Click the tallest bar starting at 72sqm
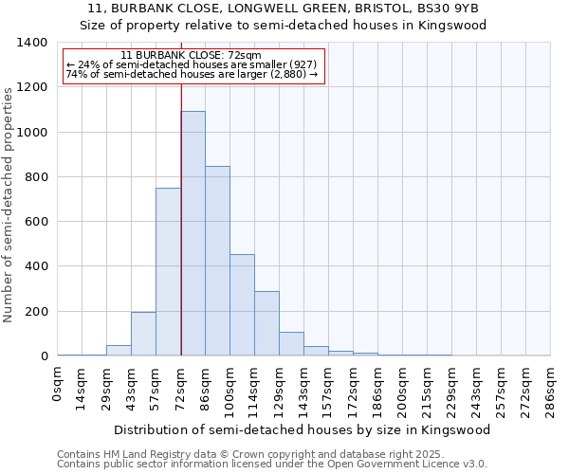[x=193, y=233]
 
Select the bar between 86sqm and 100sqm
[x=217, y=261]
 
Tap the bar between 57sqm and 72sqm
[x=168, y=272]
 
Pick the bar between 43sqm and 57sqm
[x=143, y=334]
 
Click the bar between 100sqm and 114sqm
[x=242, y=305]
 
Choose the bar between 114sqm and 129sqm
[x=266, y=323]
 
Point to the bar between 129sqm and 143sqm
[x=291, y=344]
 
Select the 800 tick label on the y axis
[x=35, y=177]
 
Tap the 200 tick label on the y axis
[x=35, y=312]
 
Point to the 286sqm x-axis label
[x=550, y=390]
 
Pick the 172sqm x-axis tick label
[x=353, y=390]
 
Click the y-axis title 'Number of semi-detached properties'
[x=9, y=204]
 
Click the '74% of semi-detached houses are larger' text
[x=192, y=74]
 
